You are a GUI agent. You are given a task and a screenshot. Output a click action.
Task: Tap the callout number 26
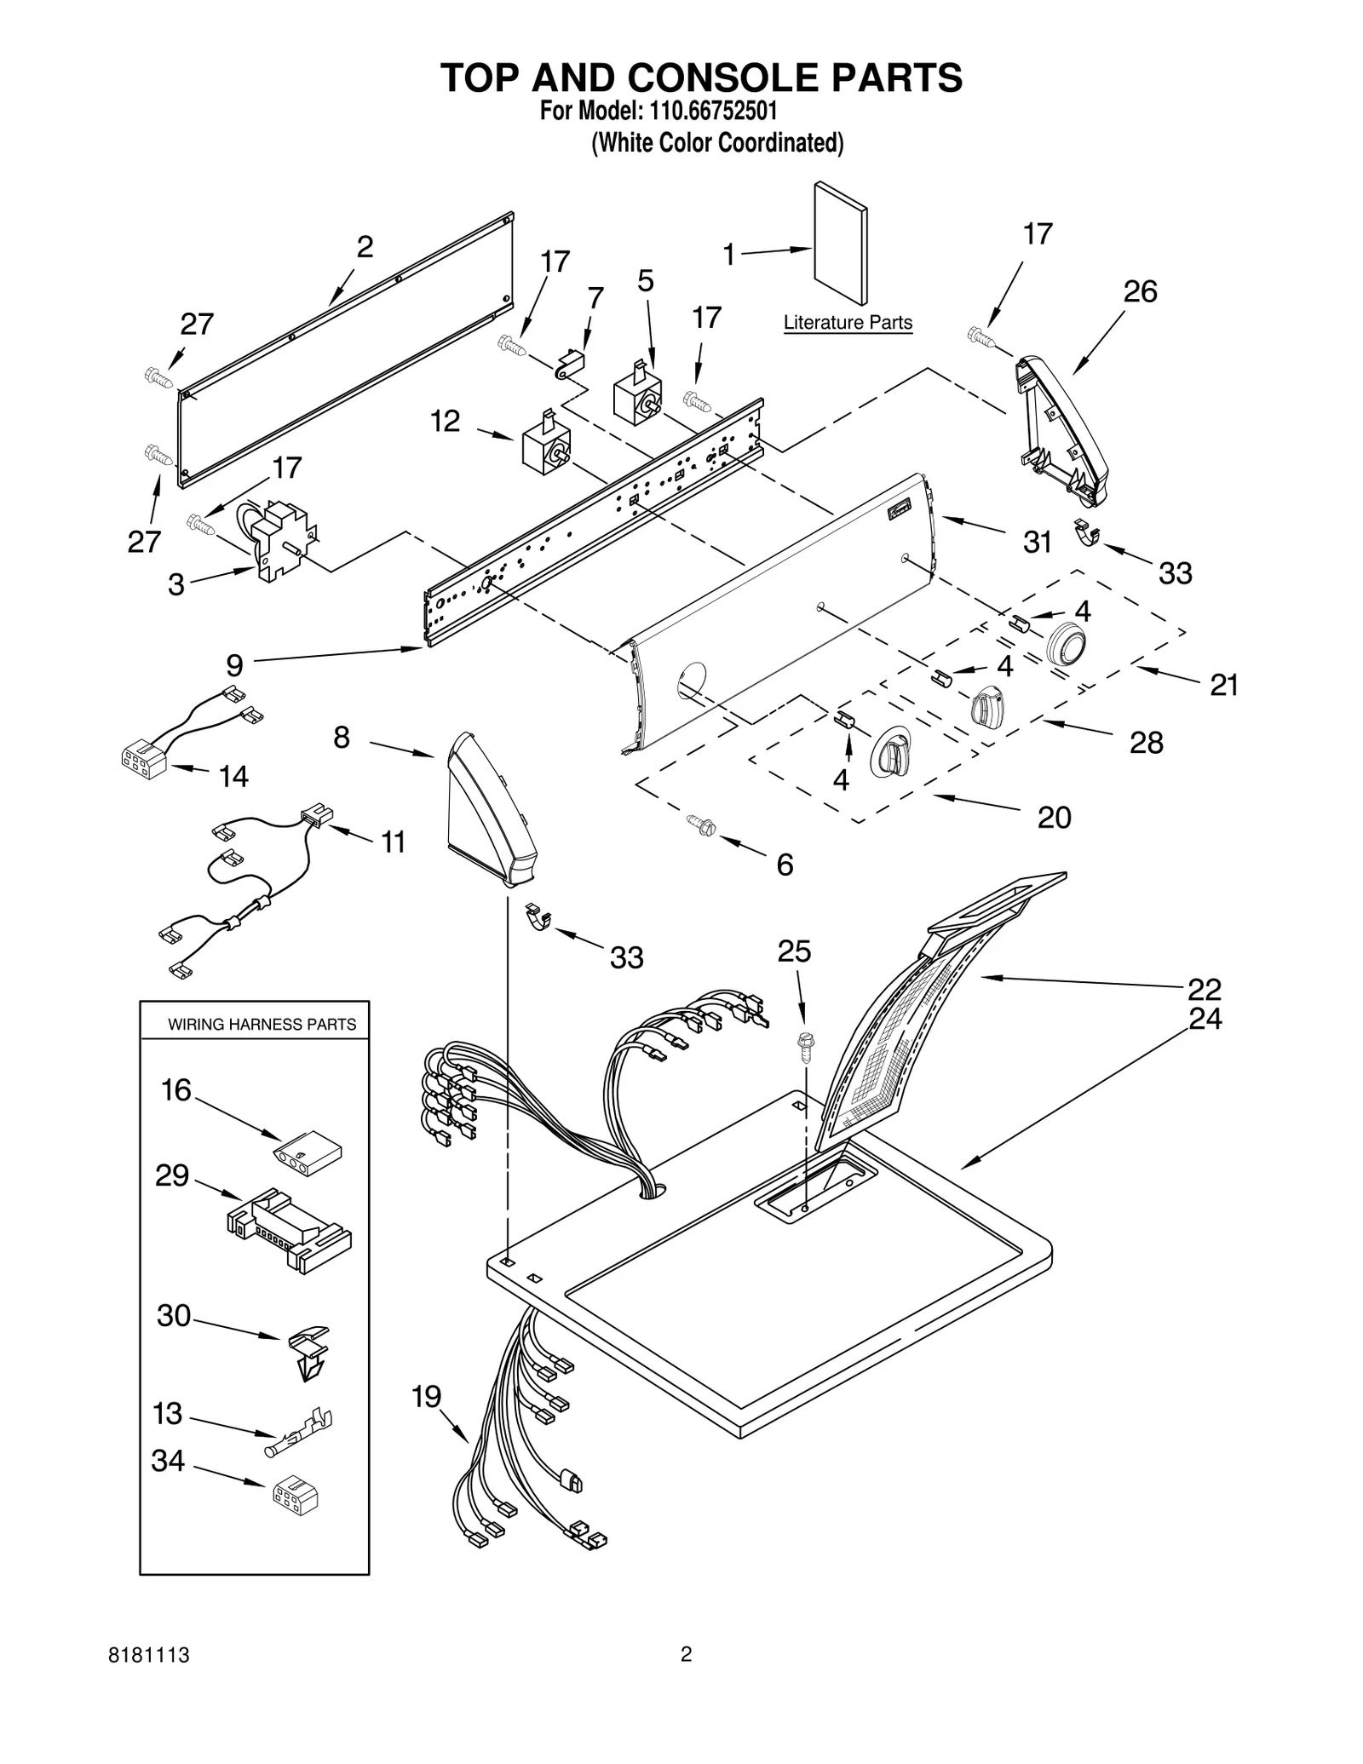1140,292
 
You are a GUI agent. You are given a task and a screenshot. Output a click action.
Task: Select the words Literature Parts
848,323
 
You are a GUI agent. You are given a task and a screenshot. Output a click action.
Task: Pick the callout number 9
234,664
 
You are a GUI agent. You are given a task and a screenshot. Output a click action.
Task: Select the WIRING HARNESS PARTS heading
262,1024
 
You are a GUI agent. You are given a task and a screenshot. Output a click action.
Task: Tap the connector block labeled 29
290,1229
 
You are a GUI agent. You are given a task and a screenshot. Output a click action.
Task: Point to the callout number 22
1205,989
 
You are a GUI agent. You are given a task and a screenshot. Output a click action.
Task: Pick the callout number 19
427,1396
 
